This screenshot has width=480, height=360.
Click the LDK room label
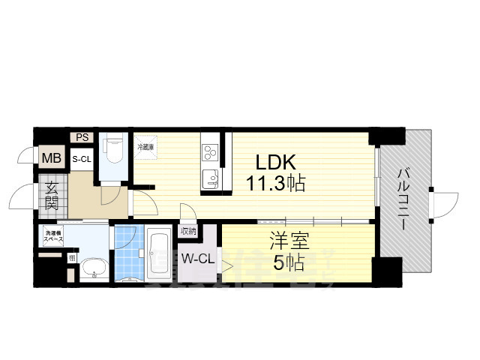pyautogui.click(x=277, y=161)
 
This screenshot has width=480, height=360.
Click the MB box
pyautogui.click(x=51, y=158)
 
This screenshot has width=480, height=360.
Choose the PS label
pyautogui.click(x=82, y=136)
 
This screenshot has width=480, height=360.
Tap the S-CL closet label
pyautogui.click(x=82, y=159)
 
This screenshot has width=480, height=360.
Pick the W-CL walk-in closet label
pyautogui.click(x=196, y=260)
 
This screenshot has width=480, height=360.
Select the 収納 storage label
pyautogui.click(x=187, y=232)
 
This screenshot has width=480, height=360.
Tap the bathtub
pyautogui.click(x=159, y=253)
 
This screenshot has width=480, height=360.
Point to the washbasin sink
pyautogui.click(x=94, y=267)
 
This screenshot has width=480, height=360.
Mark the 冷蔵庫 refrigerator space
pyautogui.click(x=145, y=148)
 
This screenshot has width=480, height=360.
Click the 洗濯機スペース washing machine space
pyautogui.click(x=53, y=236)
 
